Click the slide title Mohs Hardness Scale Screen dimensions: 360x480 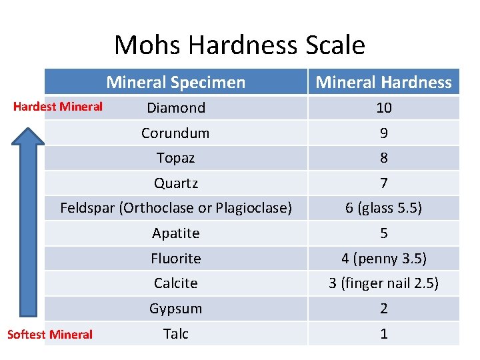pyautogui.click(x=239, y=45)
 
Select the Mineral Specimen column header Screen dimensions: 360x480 pyautogui.click(x=176, y=83)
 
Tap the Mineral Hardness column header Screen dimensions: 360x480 pyautogui.click(x=383, y=83)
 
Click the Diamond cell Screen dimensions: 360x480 pyautogui.click(x=176, y=108)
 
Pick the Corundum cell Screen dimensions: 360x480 pyautogui.click(x=175, y=133)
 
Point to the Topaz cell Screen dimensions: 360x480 pyautogui.click(x=175, y=158)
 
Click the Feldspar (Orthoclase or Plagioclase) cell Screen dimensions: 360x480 pyautogui.click(x=176, y=208)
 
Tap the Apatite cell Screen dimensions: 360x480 pyautogui.click(x=176, y=233)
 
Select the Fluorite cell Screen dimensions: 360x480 pyautogui.click(x=176, y=259)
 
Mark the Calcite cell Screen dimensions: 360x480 pyautogui.click(x=176, y=283)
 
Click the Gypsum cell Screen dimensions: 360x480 pyautogui.click(x=176, y=309)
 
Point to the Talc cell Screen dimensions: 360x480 pyautogui.click(x=176, y=334)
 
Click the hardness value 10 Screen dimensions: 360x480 pyautogui.click(x=384, y=108)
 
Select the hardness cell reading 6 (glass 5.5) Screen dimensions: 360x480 pyautogui.click(x=383, y=208)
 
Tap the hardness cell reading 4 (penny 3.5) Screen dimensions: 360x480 pyautogui.click(x=383, y=259)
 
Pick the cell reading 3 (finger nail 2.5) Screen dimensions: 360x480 pyautogui.click(x=383, y=283)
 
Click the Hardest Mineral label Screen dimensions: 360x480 pyautogui.click(x=58, y=107)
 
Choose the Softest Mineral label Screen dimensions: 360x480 pyautogui.click(x=50, y=335)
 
